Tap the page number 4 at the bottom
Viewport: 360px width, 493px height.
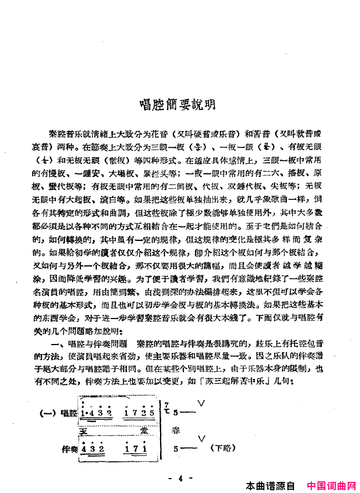[181, 477]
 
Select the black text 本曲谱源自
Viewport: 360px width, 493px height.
[271, 486]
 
